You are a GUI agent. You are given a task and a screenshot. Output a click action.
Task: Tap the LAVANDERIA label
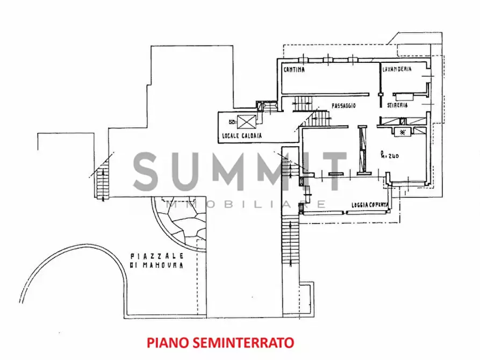[397, 70]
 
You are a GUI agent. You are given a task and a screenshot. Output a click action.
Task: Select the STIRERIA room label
[397, 106]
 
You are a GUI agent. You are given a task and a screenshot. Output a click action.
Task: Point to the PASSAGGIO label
[344, 106]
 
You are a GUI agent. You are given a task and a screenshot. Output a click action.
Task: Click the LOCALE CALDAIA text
[241, 136]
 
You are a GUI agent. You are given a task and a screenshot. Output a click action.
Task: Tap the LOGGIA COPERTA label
[370, 205]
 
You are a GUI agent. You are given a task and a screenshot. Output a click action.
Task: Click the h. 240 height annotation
[389, 156]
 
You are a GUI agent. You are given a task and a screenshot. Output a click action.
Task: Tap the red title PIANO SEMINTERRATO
[220, 342]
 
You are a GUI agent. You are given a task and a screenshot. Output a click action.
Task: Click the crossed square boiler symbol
[247, 121]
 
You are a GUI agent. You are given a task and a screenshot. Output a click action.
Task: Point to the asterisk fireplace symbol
[402, 131]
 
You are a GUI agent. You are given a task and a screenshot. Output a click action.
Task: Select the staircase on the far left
[102, 183]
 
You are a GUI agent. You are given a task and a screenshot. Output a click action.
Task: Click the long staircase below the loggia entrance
[289, 242]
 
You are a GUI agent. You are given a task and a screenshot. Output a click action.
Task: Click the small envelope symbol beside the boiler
[232, 121]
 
